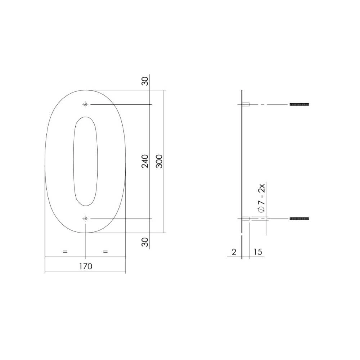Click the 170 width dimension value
(x=85, y=266)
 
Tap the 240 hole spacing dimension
(x=145, y=161)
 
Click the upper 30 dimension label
(x=145, y=81)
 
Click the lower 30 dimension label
(x=145, y=242)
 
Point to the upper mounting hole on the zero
(x=85, y=104)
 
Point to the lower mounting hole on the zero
(x=85, y=219)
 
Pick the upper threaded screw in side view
(x=299, y=104)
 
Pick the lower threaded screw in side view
(x=299, y=219)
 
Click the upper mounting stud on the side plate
(x=246, y=104)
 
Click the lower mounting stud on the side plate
(x=246, y=219)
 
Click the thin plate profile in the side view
(x=242, y=162)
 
